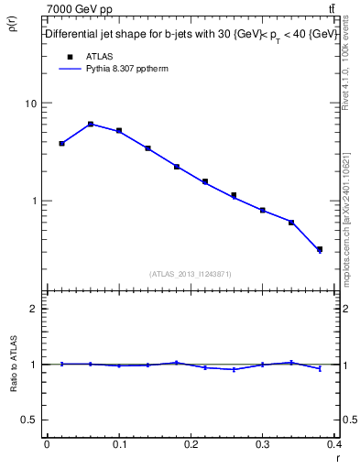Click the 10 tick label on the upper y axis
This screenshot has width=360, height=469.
tap(31, 104)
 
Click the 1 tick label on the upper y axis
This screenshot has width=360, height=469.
tap(34, 201)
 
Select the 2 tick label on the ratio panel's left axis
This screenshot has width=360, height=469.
tap(34, 309)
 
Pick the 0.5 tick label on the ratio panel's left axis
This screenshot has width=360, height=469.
tap(29, 420)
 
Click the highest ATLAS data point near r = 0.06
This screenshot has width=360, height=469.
tap(91, 124)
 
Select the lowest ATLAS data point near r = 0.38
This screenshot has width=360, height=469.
tap(320, 249)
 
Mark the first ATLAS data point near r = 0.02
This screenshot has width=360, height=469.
tap(61, 143)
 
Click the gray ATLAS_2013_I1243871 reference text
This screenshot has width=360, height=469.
tap(191, 274)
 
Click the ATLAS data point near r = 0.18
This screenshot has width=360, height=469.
tap(177, 167)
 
